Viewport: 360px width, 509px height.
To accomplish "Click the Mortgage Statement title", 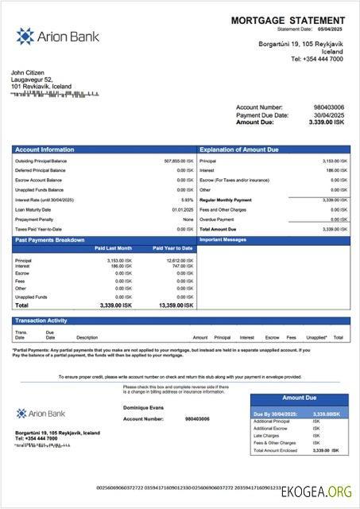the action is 288,20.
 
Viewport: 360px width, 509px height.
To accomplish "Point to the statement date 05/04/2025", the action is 328,29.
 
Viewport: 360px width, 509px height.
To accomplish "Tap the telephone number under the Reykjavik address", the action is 317,59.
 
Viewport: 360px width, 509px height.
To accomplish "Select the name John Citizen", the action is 29,73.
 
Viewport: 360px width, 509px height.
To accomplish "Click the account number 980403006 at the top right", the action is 328,107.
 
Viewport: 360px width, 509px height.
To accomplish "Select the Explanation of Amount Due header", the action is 238,149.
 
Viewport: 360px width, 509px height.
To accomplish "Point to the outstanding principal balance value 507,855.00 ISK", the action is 178,161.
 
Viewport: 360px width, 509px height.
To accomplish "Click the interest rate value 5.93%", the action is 187,200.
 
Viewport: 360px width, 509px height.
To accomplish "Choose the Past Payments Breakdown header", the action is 50,239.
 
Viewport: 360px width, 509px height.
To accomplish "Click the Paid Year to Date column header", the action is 172,248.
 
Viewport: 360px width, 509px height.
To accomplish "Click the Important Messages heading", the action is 224,239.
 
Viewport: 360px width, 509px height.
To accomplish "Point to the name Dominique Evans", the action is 144,407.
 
